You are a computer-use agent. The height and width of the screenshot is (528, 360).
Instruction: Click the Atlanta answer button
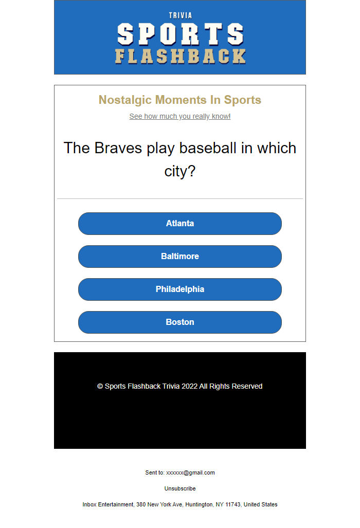point(180,224)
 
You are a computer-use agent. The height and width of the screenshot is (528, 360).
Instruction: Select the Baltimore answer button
point(180,257)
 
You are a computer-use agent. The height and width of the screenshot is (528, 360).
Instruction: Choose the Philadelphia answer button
point(180,289)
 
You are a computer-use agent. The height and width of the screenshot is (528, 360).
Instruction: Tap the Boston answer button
point(180,322)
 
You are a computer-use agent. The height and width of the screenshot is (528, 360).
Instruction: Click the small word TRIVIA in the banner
point(180,15)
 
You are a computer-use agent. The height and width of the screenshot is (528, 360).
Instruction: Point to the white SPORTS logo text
point(180,34)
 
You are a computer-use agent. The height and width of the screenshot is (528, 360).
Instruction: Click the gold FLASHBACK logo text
point(180,56)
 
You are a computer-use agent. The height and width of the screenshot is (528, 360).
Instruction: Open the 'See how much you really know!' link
point(180,116)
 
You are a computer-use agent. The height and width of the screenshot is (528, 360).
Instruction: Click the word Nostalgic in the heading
point(125,100)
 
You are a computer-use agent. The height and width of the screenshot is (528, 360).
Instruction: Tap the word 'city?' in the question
point(180,171)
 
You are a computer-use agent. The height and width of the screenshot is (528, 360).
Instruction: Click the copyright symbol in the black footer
point(100,386)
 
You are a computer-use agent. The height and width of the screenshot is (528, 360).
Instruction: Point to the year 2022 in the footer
point(189,386)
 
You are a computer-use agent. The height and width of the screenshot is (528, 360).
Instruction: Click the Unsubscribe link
point(180,488)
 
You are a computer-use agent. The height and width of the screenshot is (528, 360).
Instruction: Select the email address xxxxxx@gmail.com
point(190,472)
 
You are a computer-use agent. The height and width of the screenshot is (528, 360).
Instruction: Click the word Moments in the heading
point(181,100)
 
